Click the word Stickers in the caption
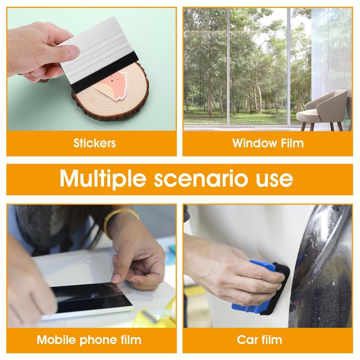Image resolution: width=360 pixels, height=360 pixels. (x=94, y=143)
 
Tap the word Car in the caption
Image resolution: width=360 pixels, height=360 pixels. (x=247, y=339)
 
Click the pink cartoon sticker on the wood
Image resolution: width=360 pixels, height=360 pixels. (x=112, y=85)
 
